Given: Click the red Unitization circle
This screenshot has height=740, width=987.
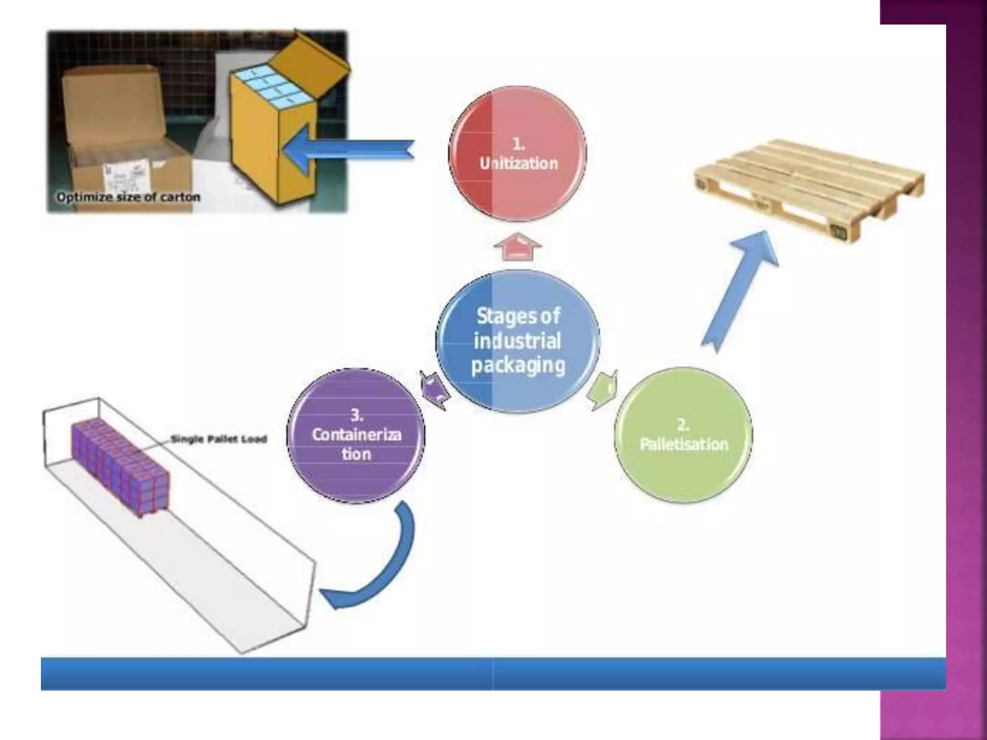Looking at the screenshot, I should tap(518, 154).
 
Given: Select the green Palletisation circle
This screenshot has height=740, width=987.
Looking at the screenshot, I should tap(683, 436).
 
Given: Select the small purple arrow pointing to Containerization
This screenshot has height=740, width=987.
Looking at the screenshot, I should tap(434, 390).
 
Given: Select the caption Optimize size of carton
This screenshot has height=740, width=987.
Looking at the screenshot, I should tap(128, 197).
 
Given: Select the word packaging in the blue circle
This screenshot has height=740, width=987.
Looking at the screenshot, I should tap(518, 365).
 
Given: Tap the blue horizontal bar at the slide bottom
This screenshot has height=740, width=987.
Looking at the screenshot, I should tap(492, 674).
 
